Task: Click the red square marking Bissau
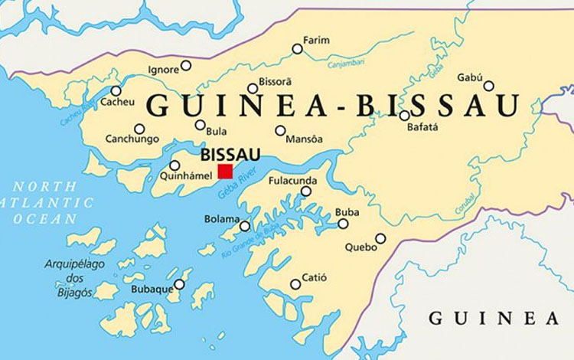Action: click(x=225, y=171)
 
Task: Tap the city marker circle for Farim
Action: click(x=297, y=49)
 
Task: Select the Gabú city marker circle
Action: click(x=488, y=86)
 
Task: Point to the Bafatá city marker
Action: click(x=404, y=116)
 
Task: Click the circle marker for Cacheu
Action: click(x=116, y=91)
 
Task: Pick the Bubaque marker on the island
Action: click(x=179, y=284)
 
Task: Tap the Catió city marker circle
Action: click(x=295, y=284)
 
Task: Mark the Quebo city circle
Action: click(x=380, y=238)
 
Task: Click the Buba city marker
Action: click(x=343, y=224)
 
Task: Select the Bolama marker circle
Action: click(x=244, y=226)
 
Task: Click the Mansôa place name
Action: click(x=303, y=139)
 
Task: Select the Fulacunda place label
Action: click(x=290, y=181)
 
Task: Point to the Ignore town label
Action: click(x=163, y=70)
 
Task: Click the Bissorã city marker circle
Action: click(x=253, y=89)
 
